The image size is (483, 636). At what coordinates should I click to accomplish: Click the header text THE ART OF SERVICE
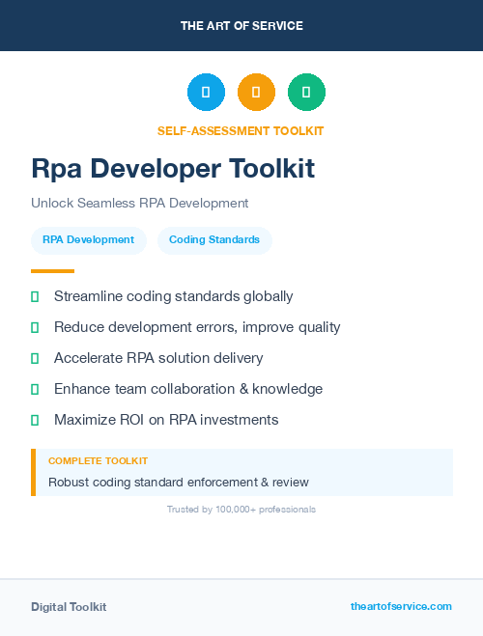pyautogui.click(x=241, y=25)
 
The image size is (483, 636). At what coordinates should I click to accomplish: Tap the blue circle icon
pyautogui.click(x=206, y=93)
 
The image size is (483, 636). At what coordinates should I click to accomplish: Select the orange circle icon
pyautogui.click(x=256, y=93)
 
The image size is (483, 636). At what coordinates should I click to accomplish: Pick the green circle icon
pyautogui.click(x=306, y=93)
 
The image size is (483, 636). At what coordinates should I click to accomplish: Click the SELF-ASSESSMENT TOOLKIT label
pyautogui.click(x=241, y=130)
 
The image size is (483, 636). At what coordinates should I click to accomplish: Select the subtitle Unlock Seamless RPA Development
pyautogui.click(x=139, y=203)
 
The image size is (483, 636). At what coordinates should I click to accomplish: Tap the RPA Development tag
pyautogui.click(x=88, y=239)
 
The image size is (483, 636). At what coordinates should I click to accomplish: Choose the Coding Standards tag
pyautogui.click(x=214, y=239)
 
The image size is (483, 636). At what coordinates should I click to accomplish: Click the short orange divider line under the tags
pyautogui.click(x=52, y=271)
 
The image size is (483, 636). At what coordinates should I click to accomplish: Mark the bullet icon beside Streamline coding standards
pyautogui.click(x=35, y=296)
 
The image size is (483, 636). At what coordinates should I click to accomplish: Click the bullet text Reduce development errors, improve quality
pyautogui.click(x=197, y=327)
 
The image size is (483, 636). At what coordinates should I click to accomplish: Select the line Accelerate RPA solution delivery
pyautogui.click(x=158, y=358)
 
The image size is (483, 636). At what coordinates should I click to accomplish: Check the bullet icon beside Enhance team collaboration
pyautogui.click(x=35, y=389)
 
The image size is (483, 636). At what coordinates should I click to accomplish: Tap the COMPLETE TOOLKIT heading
pyautogui.click(x=98, y=461)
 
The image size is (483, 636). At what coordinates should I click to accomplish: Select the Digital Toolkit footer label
pyautogui.click(x=69, y=606)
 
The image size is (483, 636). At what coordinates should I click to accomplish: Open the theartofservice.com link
pyautogui.click(x=401, y=606)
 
